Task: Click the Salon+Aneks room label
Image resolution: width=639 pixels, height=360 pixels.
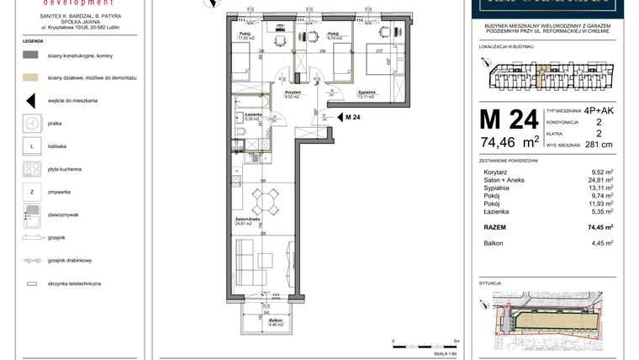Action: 245,222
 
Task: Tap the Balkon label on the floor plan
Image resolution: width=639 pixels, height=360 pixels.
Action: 274,321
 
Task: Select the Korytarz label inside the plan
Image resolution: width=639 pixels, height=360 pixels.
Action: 292,94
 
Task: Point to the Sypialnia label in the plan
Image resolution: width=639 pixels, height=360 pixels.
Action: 366,94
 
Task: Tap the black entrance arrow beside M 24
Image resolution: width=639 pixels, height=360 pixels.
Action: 336,117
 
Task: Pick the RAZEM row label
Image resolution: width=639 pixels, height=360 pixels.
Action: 494,227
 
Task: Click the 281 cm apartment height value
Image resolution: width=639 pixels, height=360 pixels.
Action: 599,144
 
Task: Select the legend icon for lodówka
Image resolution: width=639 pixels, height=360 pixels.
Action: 31,146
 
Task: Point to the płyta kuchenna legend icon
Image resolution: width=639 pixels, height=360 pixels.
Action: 31,169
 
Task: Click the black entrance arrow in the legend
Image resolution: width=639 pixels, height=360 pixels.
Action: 31,100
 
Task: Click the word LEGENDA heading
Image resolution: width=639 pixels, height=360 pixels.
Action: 33,40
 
